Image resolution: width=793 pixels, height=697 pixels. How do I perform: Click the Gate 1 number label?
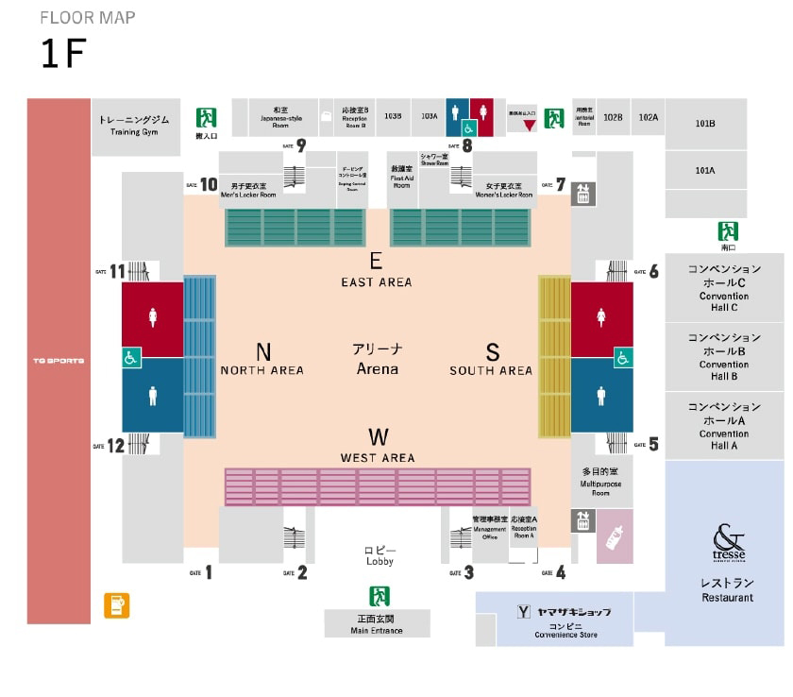(x=209, y=572)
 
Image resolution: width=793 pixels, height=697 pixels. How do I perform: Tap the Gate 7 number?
(x=560, y=184)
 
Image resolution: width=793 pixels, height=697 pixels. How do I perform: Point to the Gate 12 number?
(x=116, y=446)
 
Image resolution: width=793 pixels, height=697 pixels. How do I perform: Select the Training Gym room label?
(x=134, y=126)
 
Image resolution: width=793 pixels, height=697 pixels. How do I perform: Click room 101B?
(x=704, y=124)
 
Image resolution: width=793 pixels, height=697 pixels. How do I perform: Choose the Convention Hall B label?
(x=724, y=356)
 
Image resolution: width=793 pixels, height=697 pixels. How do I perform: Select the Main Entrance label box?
(x=377, y=623)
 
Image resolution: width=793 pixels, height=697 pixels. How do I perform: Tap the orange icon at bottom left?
(x=118, y=605)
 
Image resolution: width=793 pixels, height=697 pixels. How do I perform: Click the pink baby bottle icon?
(x=615, y=536)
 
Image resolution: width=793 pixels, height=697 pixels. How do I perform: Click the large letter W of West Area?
(x=379, y=436)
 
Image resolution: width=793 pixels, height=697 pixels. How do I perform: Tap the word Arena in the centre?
(x=377, y=368)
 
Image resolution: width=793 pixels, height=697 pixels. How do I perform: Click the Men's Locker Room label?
(x=247, y=190)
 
